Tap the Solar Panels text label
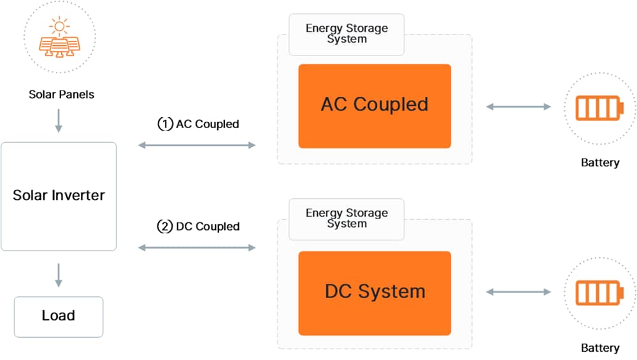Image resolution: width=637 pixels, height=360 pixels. [61, 94]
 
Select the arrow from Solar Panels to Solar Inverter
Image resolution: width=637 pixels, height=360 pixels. [59, 120]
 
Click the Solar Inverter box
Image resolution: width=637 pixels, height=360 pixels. [59, 196]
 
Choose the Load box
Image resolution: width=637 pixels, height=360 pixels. [59, 316]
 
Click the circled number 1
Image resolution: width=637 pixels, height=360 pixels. [165, 124]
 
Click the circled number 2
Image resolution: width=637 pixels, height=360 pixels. [165, 226]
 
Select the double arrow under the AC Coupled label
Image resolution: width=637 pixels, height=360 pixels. [197, 146]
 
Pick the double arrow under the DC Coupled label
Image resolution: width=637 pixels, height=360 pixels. [197, 247]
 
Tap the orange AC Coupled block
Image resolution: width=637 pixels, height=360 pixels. [375, 106]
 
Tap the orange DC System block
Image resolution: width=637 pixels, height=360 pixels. [375, 292]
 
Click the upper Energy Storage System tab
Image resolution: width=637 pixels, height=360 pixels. [347, 34]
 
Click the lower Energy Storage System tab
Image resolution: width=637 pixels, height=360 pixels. [347, 219]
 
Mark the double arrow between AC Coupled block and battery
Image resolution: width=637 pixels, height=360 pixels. [519, 107]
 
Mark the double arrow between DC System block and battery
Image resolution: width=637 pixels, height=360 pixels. [519, 292]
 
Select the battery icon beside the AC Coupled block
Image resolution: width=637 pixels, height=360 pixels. [599, 107]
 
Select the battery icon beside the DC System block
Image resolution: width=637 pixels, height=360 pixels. [599, 292]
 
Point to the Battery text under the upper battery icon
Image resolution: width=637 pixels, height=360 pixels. [600, 162]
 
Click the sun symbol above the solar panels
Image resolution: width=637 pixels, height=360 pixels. [61, 27]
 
